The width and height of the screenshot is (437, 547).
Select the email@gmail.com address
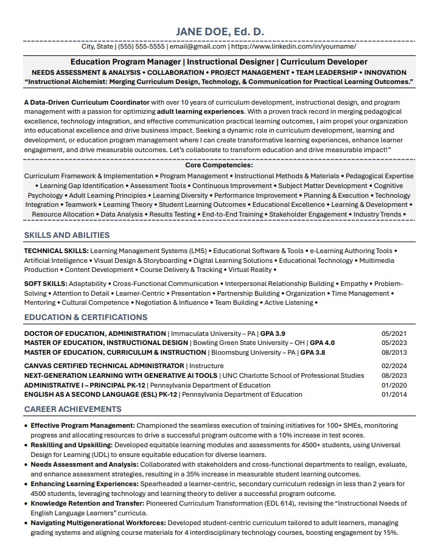point(198,46)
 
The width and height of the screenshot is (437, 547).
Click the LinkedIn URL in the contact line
point(293,46)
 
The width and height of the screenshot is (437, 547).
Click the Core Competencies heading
point(219,165)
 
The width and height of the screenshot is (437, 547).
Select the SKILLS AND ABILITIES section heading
point(67,235)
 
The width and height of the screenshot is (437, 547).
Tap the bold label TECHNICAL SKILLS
point(56,251)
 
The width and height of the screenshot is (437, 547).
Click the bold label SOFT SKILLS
point(46,284)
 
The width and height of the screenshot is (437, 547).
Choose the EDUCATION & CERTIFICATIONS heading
point(86,317)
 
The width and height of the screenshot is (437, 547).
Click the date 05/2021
point(394,333)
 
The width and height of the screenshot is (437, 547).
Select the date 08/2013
point(394,352)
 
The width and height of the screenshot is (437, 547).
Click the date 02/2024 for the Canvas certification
point(394,366)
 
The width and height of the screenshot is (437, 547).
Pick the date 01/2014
point(394,394)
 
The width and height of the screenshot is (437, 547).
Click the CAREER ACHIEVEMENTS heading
point(72,409)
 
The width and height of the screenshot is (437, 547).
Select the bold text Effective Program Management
point(83,425)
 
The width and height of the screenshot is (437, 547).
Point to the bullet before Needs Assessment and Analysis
point(26,464)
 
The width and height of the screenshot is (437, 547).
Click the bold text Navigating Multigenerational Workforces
point(98,523)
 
